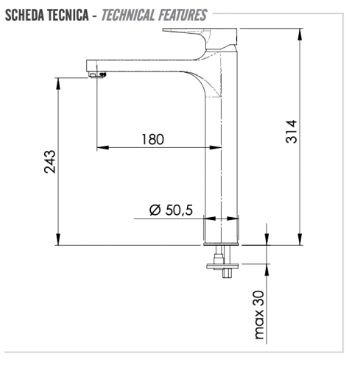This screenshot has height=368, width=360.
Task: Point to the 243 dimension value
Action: [x=49, y=161]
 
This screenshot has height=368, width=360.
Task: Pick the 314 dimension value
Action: [x=291, y=132]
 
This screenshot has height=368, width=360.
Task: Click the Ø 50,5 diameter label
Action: [x=170, y=210]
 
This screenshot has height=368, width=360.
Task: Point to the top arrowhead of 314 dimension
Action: [x=300, y=33]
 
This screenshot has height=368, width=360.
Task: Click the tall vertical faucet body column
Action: [x=222, y=147]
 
